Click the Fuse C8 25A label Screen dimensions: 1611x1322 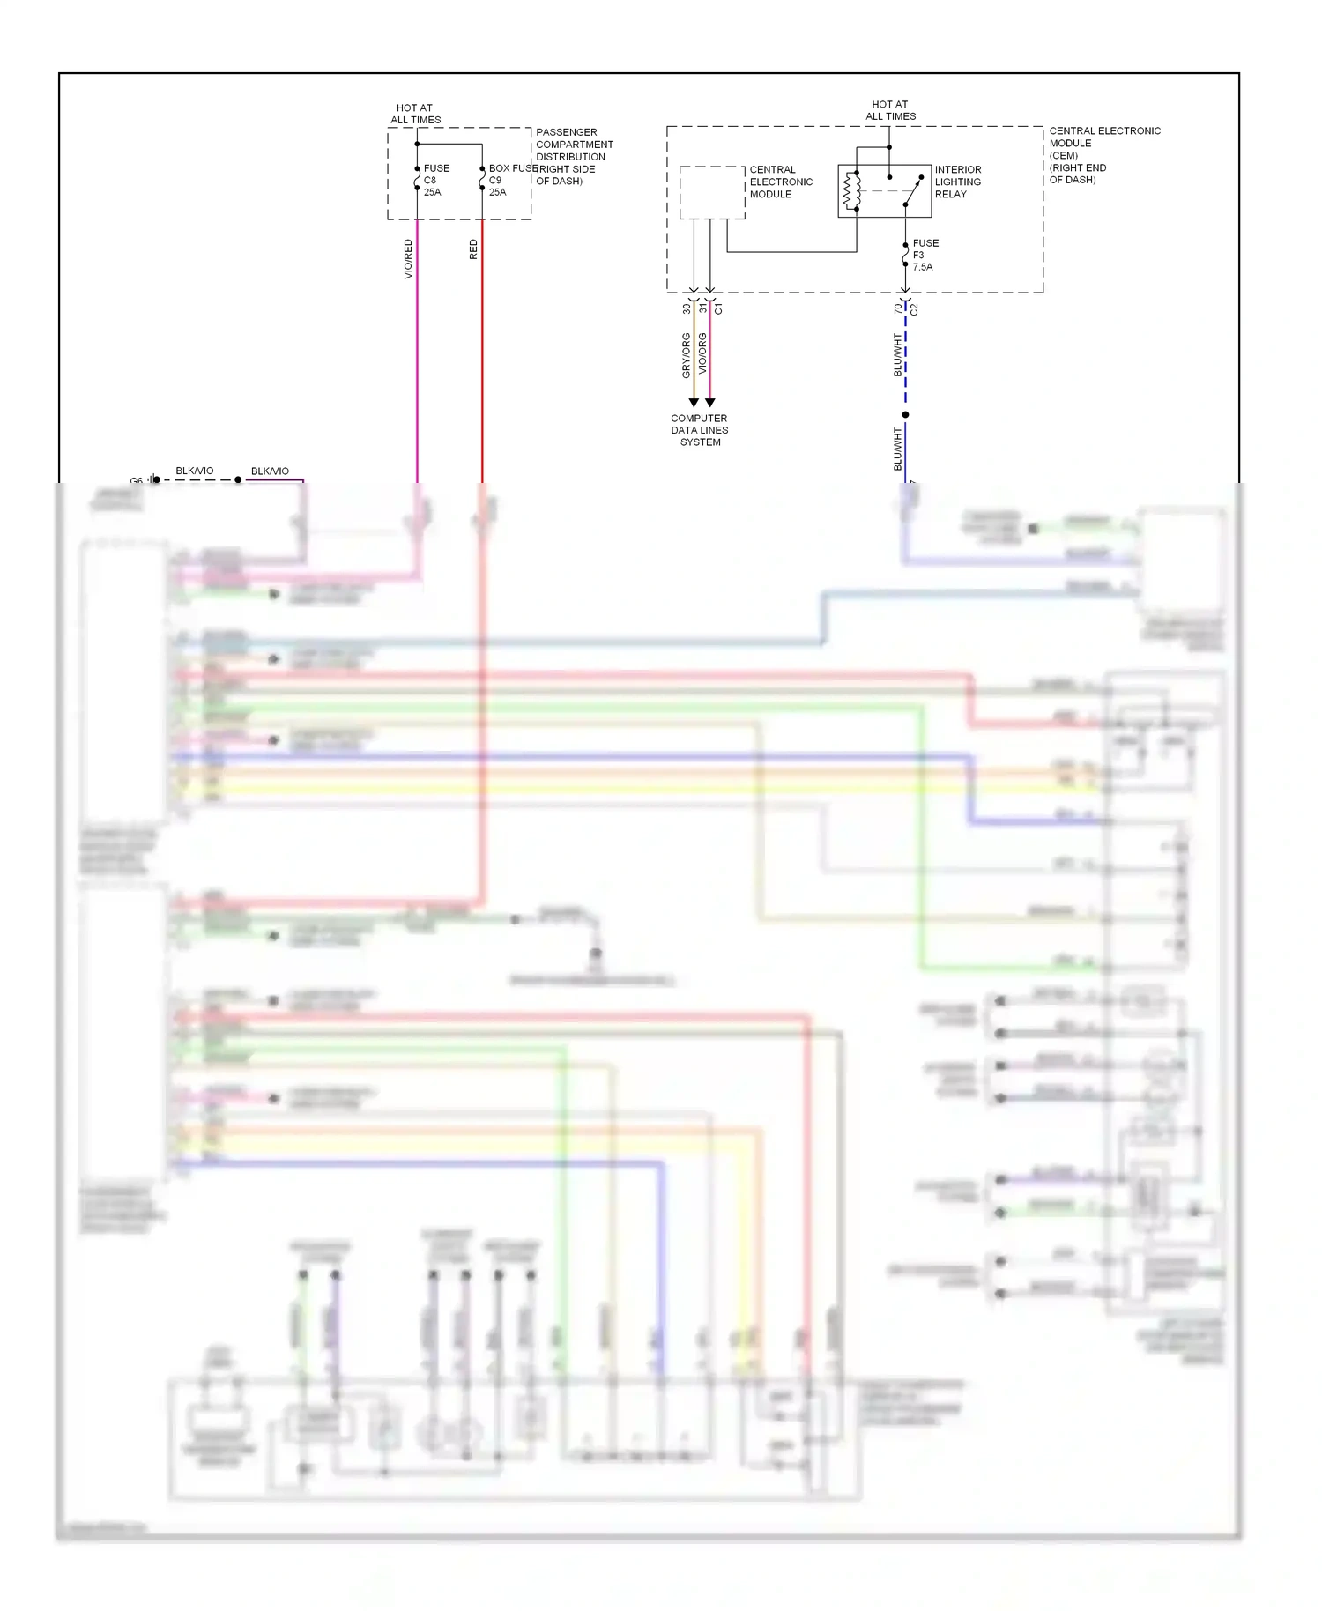(435, 180)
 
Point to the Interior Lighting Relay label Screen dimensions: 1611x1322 (957, 182)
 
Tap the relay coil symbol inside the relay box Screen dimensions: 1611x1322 (851, 191)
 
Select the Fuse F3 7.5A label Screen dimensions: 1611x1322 (925, 255)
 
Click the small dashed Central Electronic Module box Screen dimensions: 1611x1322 (712, 192)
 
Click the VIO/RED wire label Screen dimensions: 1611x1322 (408, 259)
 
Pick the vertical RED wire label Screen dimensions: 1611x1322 (473, 249)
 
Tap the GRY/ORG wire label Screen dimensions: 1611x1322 (686, 355)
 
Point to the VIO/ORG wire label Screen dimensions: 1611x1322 (702, 353)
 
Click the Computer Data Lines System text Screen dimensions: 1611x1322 (700, 430)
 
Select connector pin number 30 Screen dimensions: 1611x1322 (687, 308)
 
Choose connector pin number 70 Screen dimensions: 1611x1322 (897, 308)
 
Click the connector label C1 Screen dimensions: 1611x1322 (718, 308)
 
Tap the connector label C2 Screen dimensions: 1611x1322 (914, 309)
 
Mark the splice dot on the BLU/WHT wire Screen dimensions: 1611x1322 (905, 414)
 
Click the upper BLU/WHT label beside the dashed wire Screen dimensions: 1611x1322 (897, 354)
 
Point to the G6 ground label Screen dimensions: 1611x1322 (137, 481)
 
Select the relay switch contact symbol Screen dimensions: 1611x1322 (913, 190)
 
